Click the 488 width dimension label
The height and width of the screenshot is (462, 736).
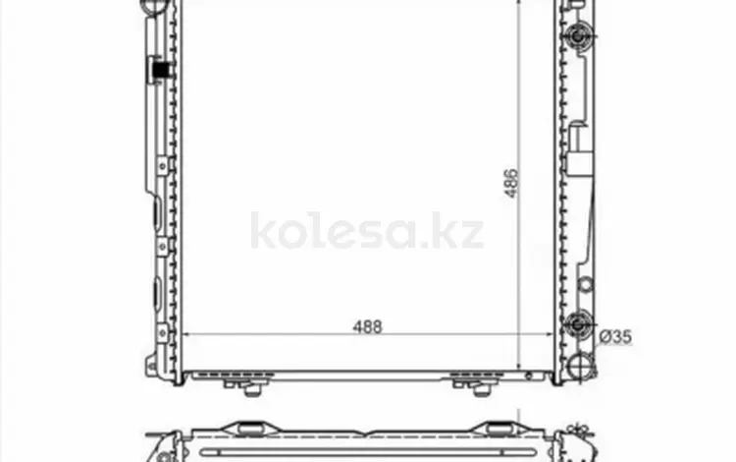coord(368,326)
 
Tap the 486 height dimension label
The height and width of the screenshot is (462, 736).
coord(510,183)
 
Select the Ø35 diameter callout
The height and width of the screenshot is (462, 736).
coord(616,336)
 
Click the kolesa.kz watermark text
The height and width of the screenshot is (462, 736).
coord(367,231)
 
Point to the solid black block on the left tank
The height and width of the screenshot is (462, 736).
coord(161,70)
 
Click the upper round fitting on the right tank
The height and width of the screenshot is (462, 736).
coord(578,35)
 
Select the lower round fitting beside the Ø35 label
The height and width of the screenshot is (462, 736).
coord(578,324)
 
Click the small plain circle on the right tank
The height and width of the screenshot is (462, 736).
coord(585,284)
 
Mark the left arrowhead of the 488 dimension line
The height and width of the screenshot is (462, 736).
coord(184,334)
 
